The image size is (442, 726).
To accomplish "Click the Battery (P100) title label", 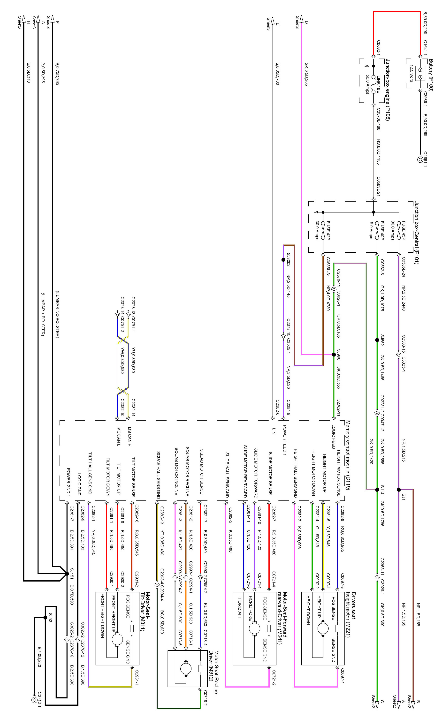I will click(x=431, y=75).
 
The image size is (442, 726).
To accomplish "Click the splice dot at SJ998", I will click(x=334, y=355).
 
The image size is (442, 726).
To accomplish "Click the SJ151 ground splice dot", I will click(x=67, y=574).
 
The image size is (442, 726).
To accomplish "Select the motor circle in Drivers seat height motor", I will click(x=323, y=628).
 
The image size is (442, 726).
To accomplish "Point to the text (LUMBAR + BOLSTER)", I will click(x=43, y=314).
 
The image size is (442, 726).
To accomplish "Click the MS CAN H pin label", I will click(x=129, y=437).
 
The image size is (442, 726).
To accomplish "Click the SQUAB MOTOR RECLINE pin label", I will click(x=187, y=471).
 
